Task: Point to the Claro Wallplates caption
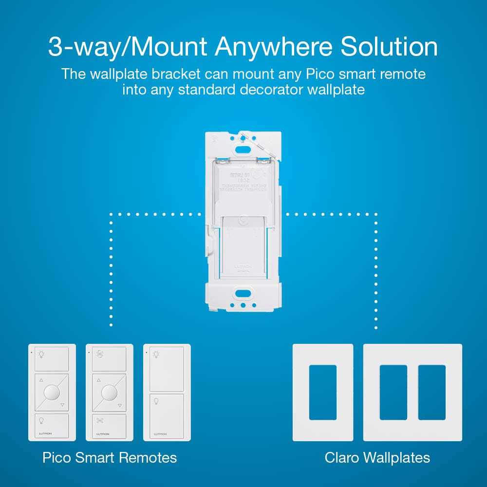pyautogui.click(x=377, y=458)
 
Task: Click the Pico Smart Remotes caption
pyautogui.click(x=110, y=458)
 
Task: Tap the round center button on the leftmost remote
pyautogui.click(x=52, y=393)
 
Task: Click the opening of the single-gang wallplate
pyautogui.click(x=322, y=393)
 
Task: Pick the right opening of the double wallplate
pyautogui.click(x=431, y=393)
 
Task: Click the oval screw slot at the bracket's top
pyautogui.click(x=242, y=137)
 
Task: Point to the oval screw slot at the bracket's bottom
pyautogui.click(x=242, y=294)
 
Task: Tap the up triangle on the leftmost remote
pyautogui.click(x=41, y=380)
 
